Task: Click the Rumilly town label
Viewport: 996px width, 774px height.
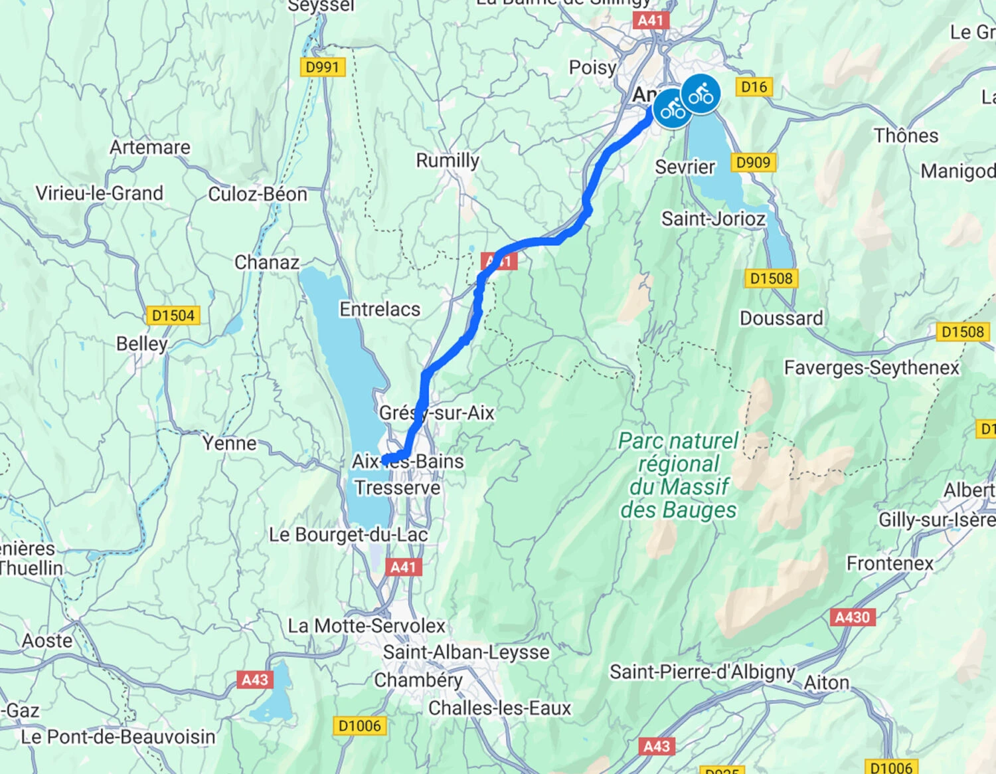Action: pos(447,160)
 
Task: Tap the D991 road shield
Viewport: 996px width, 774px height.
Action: pos(322,67)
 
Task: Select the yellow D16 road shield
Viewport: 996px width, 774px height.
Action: pos(754,86)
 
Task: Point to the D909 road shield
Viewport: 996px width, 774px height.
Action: pos(753,163)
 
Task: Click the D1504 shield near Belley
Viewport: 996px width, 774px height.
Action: pos(173,316)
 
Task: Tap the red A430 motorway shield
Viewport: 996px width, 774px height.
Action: pos(852,617)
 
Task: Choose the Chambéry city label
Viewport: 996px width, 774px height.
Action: pos(418,680)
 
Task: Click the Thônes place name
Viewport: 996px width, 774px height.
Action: pos(906,136)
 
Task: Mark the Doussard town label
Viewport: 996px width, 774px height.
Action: pos(781,318)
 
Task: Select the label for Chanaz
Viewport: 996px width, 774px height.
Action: pos(266,262)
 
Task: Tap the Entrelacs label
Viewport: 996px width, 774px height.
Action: pos(380,309)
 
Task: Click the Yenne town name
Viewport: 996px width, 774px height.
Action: pos(229,443)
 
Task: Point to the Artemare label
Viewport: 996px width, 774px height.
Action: pos(149,147)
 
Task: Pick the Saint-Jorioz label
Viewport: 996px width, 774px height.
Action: pos(713,219)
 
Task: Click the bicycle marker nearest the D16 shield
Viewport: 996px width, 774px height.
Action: pos(701,94)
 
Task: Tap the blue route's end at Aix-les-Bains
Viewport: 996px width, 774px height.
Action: pos(385,460)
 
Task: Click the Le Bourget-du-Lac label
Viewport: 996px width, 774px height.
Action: pos(348,535)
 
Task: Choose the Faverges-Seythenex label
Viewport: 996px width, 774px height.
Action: pos(871,367)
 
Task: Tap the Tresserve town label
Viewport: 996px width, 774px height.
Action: pos(397,488)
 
